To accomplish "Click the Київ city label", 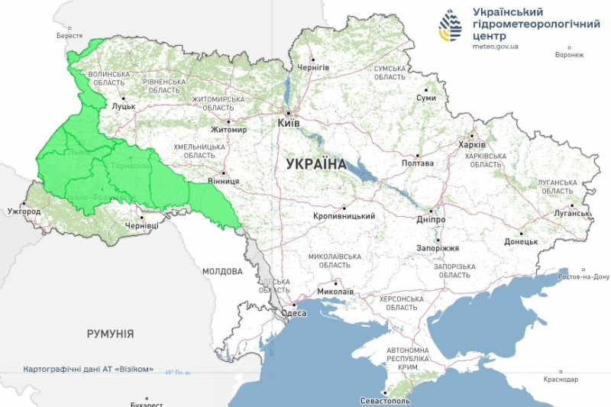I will pyautogui.click(x=288, y=122).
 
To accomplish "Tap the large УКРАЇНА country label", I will pyautogui.click(x=316, y=163).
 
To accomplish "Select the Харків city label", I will pyautogui.click(x=471, y=145).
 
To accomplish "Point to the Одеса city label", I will pyautogui.click(x=293, y=313).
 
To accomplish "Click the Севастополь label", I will pyautogui.click(x=386, y=400).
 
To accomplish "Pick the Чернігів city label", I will pyautogui.click(x=313, y=67).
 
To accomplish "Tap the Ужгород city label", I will pyautogui.click(x=23, y=211).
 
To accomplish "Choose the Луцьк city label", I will pyautogui.click(x=123, y=106).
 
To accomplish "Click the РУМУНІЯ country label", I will pyautogui.click(x=110, y=334).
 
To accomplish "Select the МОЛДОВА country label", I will pyautogui.click(x=222, y=271).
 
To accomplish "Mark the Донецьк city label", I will pyautogui.click(x=521, y=241).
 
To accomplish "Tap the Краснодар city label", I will pyautogui.click(x=561, y=380).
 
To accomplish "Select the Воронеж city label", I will pyautogui.click(x=569, y=55).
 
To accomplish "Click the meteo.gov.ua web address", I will pyautogui.click(x=496, y=47).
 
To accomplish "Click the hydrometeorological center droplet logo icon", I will pyautogui.click(x=450, y=26).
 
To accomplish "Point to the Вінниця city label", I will pyautogui.click(x=223, y=182).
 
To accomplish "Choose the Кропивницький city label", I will pyautogui.click(x=344, y=216).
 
